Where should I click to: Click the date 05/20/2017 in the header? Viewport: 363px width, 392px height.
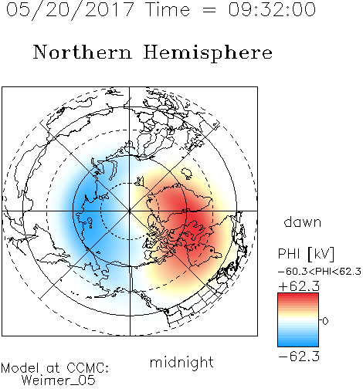coord(70,10)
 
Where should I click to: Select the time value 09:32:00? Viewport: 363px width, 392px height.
coord(272,9)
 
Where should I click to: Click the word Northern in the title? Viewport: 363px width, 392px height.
coord(83,52)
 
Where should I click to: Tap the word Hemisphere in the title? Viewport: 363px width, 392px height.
coord(208,53)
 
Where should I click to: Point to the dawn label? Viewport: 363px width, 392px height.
coord(303,221)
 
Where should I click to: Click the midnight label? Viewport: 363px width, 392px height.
coord(181,363)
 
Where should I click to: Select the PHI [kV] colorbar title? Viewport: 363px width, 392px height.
coord(307,254)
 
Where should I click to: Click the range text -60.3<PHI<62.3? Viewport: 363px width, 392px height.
coord(320,272)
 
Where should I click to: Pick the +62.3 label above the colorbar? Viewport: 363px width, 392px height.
coord(299,286)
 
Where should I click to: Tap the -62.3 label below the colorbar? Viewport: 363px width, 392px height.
coord(299,356)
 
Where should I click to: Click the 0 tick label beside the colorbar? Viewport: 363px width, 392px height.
coord(325,321)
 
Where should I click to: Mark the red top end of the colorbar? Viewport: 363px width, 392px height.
coord(298,294)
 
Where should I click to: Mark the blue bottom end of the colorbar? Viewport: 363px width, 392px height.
coord(298,345)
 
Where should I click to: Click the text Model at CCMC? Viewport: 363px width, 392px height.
coord(55,368)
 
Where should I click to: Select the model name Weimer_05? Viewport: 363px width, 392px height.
coord(59,380)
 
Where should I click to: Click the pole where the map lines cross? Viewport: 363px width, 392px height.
coord(130,211)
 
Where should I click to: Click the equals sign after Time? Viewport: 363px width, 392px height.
coord(209,10)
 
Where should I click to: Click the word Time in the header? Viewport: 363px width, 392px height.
coord(168,9)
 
